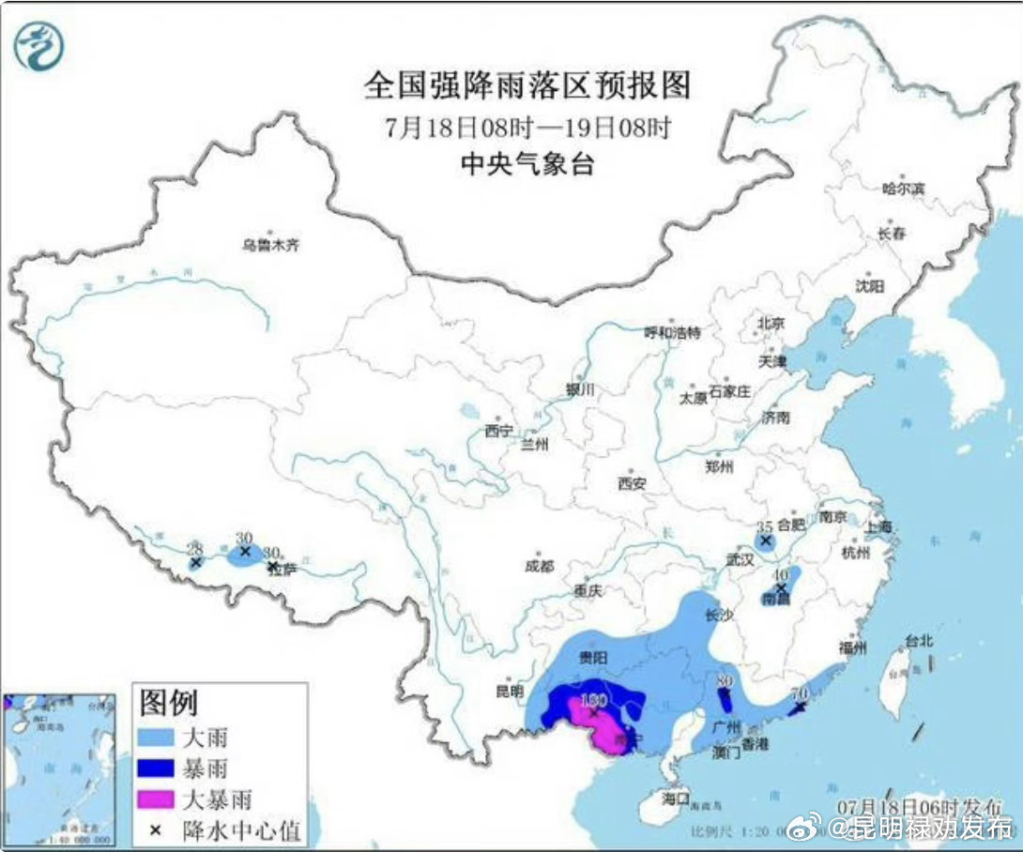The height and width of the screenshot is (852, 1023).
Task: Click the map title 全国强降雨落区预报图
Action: tap(527, 85)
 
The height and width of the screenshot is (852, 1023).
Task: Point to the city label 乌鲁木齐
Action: tap(270, 246)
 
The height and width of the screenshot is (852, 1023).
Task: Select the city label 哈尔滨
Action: tap(903, 189)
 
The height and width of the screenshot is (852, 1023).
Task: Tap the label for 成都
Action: tap(540, 567)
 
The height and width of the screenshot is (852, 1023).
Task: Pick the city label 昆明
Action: tap(509, 692)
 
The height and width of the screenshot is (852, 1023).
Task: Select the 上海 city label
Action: tap(880, 526)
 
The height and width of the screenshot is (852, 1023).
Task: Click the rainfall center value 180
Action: tap(594, 699)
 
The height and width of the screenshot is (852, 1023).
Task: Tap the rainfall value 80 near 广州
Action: tap(724, 681)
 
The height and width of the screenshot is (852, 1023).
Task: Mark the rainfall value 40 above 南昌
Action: tap(778, 573)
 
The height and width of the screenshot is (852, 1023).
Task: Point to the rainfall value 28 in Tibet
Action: tap(194, 548)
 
